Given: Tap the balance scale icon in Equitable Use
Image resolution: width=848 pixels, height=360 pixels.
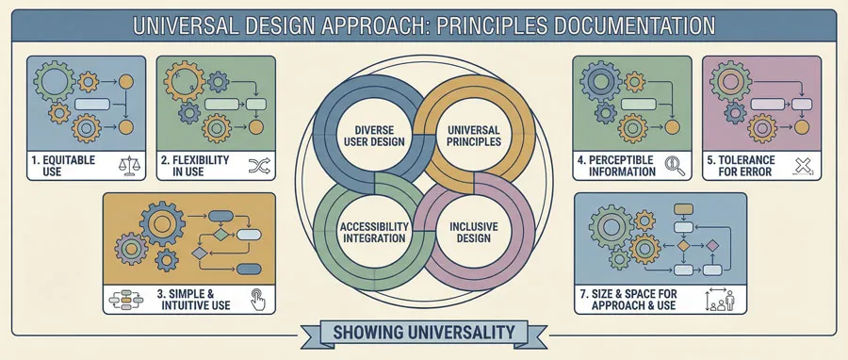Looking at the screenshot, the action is tap(127, 167).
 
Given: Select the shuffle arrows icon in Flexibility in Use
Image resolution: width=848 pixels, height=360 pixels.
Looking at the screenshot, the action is tap(258, 167).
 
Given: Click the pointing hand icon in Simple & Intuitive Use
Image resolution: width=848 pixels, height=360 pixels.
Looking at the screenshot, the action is tap(255, 300).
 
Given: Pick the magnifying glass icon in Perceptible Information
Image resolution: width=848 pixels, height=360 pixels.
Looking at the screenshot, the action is tap(674, 167).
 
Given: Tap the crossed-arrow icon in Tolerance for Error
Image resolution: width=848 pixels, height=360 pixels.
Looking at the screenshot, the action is tap(804, 167).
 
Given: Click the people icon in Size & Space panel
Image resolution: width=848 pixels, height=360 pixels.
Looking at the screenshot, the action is tap(721, 301).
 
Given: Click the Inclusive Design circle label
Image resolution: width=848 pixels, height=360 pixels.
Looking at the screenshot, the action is tap(473, 231).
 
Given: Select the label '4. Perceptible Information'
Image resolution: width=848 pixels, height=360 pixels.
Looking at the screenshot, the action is tap(617, 167).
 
